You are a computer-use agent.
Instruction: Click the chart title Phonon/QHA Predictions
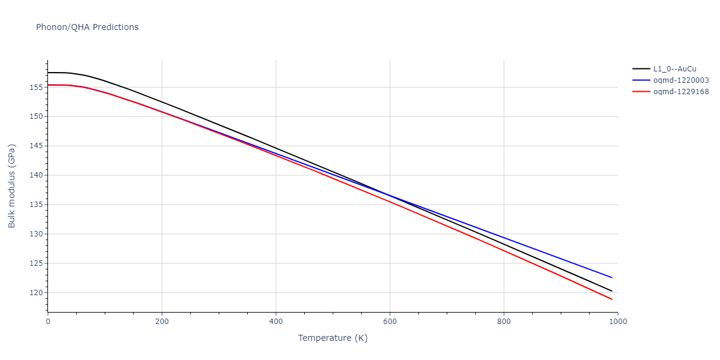(x=87, y=27)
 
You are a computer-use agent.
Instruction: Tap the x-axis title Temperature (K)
(x=332, y=338)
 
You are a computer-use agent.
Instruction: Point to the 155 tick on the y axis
(x=36, y=88)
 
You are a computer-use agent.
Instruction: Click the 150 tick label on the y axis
(x=36, y=117)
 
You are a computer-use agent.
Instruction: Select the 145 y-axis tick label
(x=36, y=146)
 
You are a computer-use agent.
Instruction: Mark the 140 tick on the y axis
(x=36, y=176)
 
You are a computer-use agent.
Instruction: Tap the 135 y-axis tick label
(x=36, y=205)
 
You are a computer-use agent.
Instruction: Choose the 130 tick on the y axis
(x=36, y=235)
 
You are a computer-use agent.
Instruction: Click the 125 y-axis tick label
(x=36, y=264)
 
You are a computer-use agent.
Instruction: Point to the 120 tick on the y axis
(x=36, y=293)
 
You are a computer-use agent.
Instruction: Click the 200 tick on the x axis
(x=161, y=322)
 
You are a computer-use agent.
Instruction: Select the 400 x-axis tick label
(x=275, y=322)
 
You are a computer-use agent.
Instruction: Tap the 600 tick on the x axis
(x=389, y=322)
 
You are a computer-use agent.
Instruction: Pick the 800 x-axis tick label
(x=503, y=322)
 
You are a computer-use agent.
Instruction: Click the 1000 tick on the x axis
(x=617, y=322)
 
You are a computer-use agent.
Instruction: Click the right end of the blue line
(x=612, y=278)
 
